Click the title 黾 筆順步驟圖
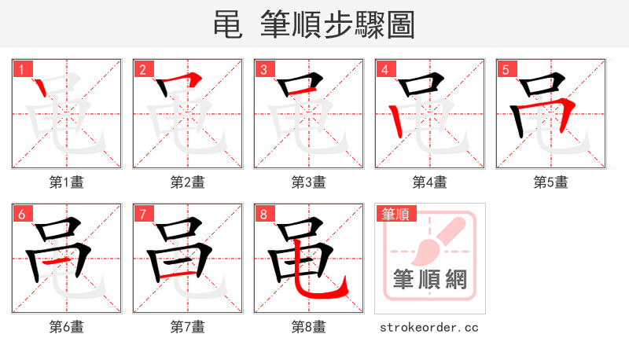click(x=314, y=25)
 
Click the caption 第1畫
click(x=67, y=182)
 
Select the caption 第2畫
click(x=188, y=182)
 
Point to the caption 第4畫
click(x=430, y=182)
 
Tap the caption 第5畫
click(x=551, y=182)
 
